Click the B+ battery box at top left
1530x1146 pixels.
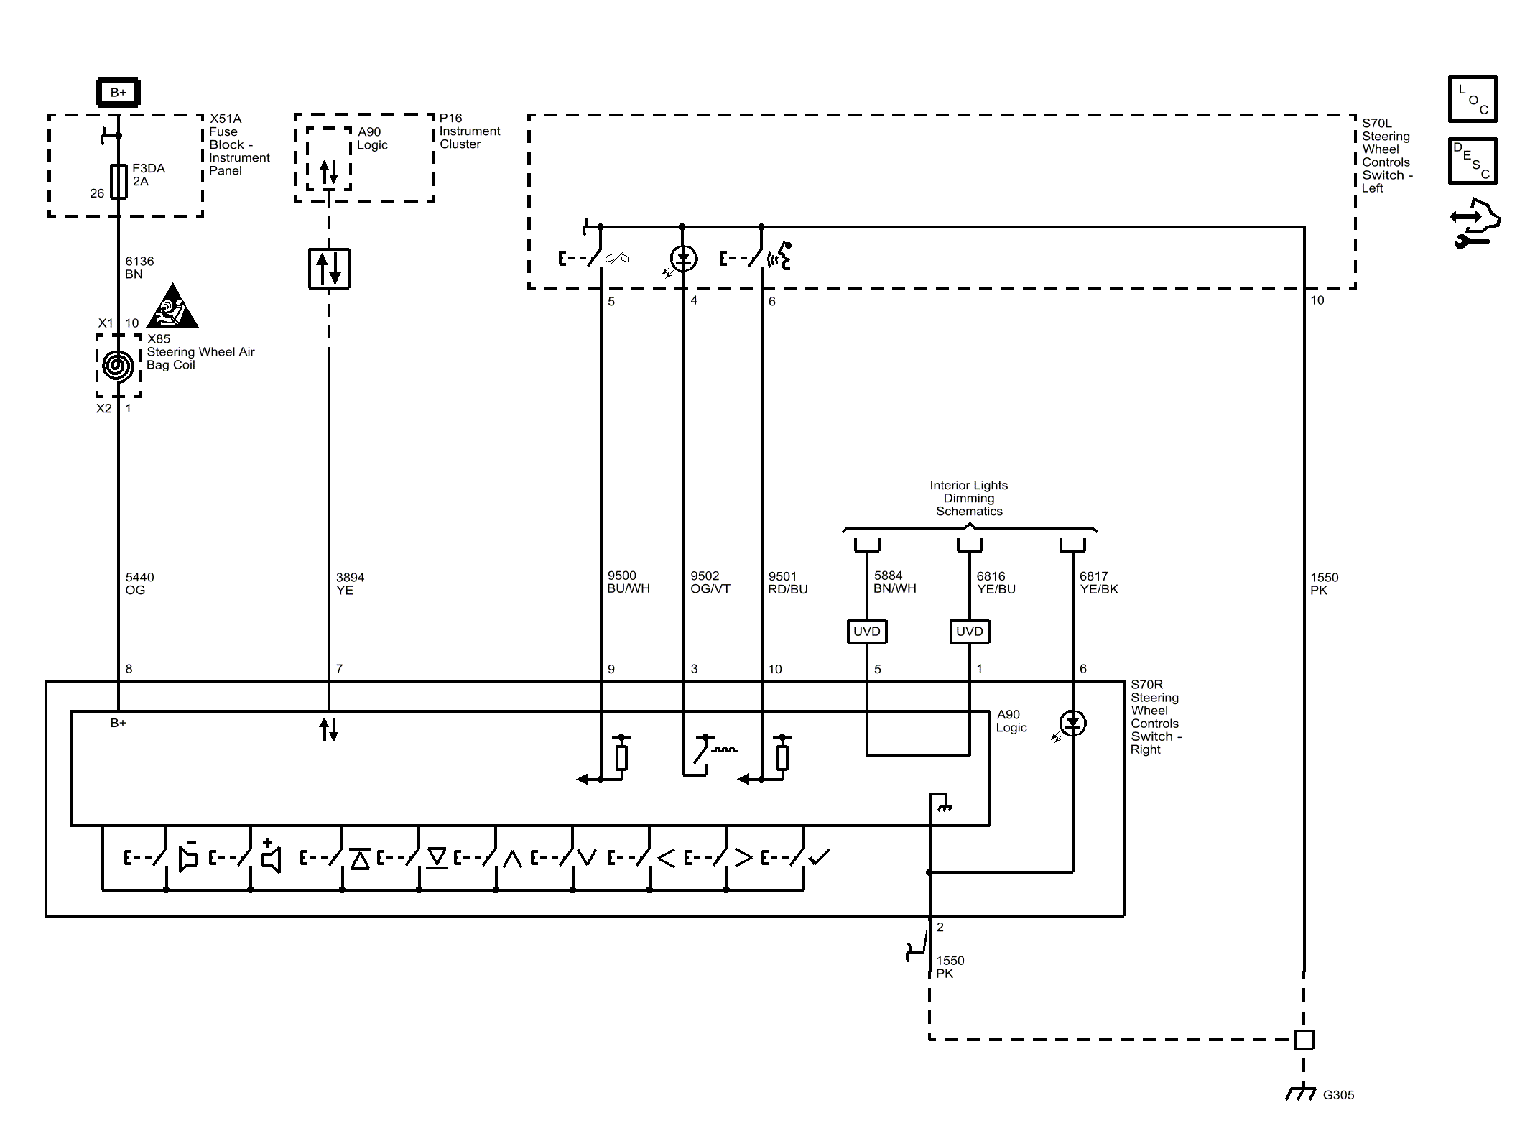(119, 92)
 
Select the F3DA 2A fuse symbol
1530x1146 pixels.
(119, 182)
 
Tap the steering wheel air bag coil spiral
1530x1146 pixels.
(119, 366)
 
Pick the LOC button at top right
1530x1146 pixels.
(1473, 99)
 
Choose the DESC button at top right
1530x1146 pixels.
(1473, 161)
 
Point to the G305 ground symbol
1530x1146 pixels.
(1301, 1094)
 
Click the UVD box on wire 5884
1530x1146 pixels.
(867, 632)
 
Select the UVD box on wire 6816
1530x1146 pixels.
(970, 632)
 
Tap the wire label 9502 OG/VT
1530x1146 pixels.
(710, 582)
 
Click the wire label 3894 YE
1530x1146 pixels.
(350, 583)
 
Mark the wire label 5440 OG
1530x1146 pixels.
(139, 583)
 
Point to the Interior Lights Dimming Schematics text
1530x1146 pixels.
(969, 498)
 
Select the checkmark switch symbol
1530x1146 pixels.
(818, 856)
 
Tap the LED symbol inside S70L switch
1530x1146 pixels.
(682, 259)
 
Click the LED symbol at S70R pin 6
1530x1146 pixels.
(1072, 724)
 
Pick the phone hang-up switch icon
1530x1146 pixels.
(616, 258)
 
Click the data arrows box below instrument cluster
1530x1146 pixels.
(329, 269)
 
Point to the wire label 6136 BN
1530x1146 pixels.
(139, 267)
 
